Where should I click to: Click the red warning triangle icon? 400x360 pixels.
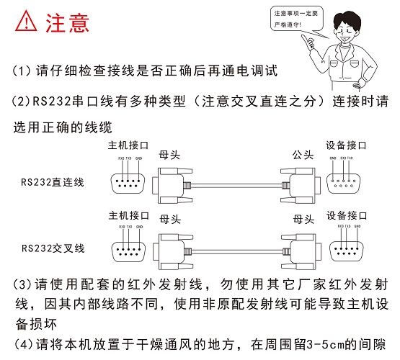pos(26,22)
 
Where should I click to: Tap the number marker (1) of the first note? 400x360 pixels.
pos(22,71)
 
